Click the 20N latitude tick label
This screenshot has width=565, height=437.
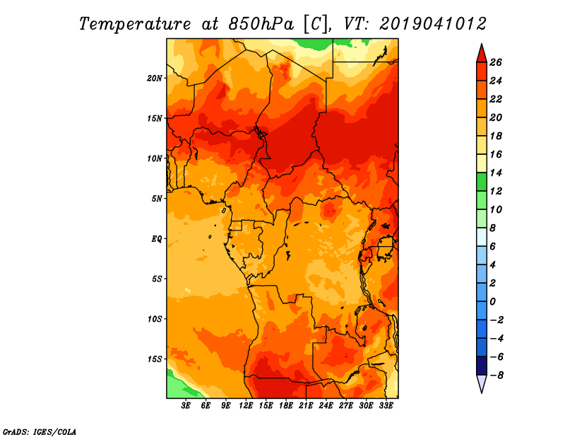click(x=155, y=78)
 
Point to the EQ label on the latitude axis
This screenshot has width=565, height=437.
click(x=157, y=238)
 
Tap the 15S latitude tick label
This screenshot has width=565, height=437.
click(x=155, y=359)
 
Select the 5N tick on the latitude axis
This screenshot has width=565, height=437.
click(x=157, y=198)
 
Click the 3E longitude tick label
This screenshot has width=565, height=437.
click(x=186, y=406)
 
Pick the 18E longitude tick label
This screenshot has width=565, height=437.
click(x=286, y=406)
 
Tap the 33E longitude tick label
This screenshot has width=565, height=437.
click(x=386, y=406)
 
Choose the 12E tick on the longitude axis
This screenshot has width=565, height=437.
click(x=246, y=406)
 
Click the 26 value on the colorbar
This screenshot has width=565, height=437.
click(x=496, y=62)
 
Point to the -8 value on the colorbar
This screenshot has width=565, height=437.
click(x=496, y=375)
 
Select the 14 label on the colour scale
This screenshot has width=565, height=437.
click(x=496, y=173)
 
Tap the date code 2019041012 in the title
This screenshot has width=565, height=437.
click(x=433, y=24)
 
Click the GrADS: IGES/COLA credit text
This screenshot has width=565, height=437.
click(x=40, y=431)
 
